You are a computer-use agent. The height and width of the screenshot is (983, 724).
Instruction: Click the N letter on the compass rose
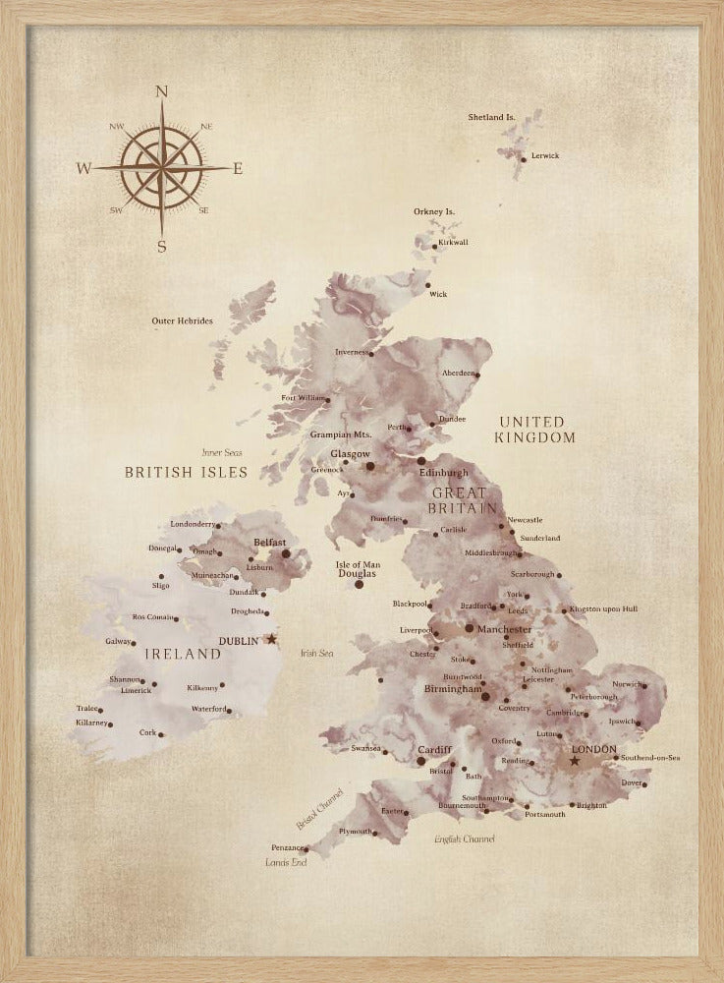pyautogui.click(x=162, y=92)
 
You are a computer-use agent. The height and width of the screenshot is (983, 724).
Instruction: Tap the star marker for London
pyautogui.click(x=575, y=761)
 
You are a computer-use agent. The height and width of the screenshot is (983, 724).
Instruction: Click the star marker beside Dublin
pyautogui.click(x=272, y=639)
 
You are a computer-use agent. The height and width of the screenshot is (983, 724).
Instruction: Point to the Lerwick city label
pyautogui.click(x=544, y=155)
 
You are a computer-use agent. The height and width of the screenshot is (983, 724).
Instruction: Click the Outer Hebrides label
pyautogui.click(x=182, y=320)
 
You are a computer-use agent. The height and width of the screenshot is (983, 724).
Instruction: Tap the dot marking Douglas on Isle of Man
pyautogui.click(x=359, y=584)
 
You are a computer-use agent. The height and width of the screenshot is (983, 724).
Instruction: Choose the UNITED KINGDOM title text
pyautogui.click(x=534, y=430)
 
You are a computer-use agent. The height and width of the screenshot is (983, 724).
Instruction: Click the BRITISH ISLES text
pyautogui.click(x=186, y=472)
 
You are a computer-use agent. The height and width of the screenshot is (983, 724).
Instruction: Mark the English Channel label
pyautogui.click(x=465, y=838)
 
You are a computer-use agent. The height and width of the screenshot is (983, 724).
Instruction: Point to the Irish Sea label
pyautogui.click(x=316, y=653)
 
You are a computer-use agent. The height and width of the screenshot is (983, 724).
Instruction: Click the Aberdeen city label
pyautogui.click(x=459, y=374)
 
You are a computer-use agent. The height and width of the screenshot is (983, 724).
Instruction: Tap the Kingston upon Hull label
pyautogui.click(x=603, y=609)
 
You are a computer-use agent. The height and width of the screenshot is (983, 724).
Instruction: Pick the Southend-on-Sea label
pyautogui.click(x=650, y=758)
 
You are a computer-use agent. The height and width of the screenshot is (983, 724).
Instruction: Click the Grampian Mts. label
pyautogui.click(x=340, y=434)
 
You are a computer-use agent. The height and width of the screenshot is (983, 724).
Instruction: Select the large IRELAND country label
pyautogui.click(x=183, y=654)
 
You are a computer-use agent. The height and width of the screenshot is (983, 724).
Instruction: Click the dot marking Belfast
pyautogui.click(x=286, y=553)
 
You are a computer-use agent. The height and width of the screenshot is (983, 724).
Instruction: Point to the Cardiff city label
pyautogui.click(x=434, y=750)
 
